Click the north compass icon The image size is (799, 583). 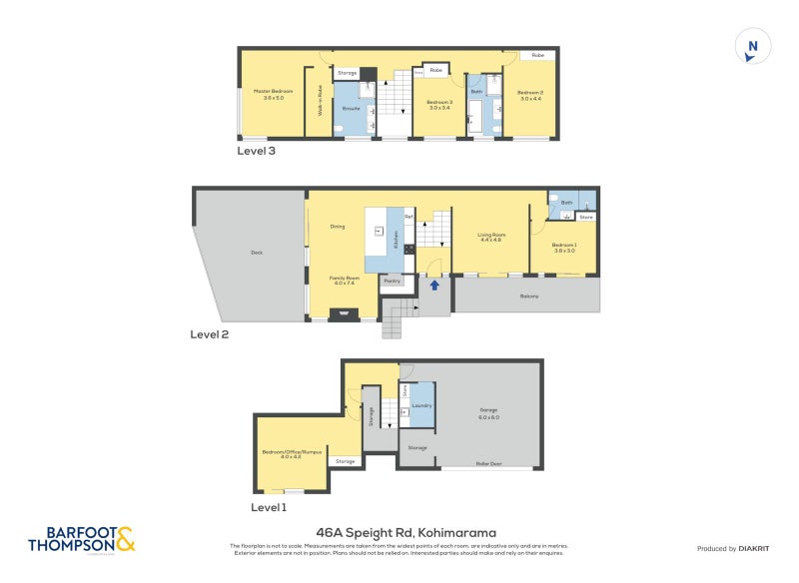(753, 47)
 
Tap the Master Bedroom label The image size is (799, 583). (273, 94)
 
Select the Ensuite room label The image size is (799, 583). (351, 108)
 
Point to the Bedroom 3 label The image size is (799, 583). (439, 104)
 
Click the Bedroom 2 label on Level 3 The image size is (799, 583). (529, 94)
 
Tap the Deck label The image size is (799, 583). (256, 253)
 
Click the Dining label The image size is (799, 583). (337, 227)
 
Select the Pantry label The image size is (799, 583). (392, 282)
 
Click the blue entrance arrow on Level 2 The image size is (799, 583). (433, 286)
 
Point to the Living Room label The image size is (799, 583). (490, 237)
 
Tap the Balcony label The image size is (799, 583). (529, 296)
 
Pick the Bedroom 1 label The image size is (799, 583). (565, 247)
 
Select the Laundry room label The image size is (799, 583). (420, 405)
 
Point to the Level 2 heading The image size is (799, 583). (210, 334)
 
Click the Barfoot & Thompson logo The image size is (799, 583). (81, 540)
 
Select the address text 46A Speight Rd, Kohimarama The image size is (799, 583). (405, 532)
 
